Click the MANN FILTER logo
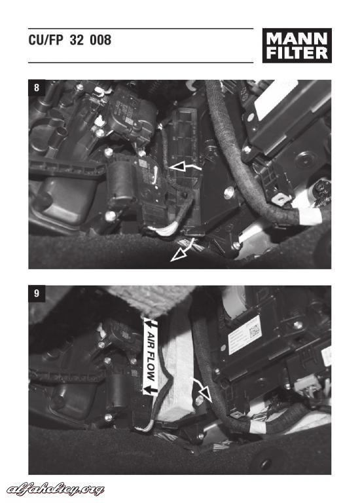(297, 46)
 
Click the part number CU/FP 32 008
(70, 40)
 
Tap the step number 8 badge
(37, 88)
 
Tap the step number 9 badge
(37, 293)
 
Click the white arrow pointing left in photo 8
(184, 166)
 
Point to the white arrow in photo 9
(202, 389)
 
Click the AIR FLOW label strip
(151, 356)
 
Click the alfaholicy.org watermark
(56, 489)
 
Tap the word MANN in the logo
(297, 39)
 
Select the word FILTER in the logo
(297, 53)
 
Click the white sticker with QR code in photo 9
(245, 335)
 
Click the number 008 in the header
(100, 40)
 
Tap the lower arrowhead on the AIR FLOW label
(151, 390)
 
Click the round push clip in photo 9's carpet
(266, 464)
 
